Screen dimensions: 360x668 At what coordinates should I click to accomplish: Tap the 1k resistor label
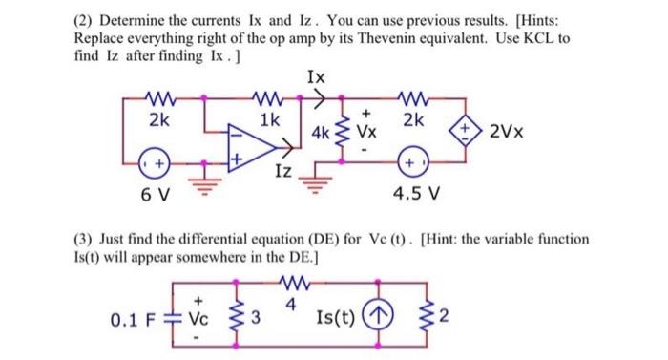269,120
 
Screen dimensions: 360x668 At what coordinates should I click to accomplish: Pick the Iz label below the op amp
282,172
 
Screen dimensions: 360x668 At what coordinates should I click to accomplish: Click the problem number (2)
86,21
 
